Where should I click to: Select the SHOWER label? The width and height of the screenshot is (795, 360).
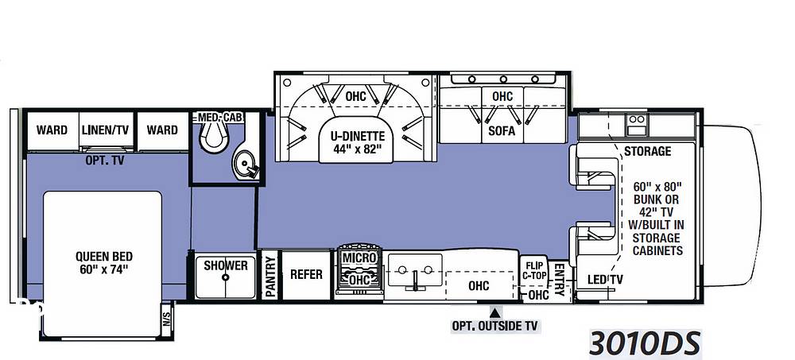(x=226, y=265)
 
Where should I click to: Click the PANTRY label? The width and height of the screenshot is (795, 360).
(x=270, y=277)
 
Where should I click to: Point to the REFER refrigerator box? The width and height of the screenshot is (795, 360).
(x=306, y=274)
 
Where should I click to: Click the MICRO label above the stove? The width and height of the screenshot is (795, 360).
(x=359, y=257)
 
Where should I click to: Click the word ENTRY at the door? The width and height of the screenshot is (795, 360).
(x=559, y=279)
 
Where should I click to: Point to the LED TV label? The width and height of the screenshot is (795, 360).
(x=605, y=280)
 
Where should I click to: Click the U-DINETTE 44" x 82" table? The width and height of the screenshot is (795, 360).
(x=357, y=143)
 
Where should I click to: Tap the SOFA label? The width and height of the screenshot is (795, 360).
(x=502, y=131)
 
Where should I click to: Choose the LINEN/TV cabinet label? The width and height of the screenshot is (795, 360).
(x=106, y=130)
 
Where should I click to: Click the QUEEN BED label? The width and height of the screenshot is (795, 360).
(x=104, y=262)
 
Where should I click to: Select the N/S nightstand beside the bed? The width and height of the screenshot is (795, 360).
(x=167, y=319)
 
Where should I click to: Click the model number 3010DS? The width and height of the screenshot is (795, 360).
(x=645, y=343)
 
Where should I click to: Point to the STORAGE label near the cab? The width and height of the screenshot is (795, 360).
(x=647, y=151)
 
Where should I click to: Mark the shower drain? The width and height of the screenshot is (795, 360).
(x=226, y=277)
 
